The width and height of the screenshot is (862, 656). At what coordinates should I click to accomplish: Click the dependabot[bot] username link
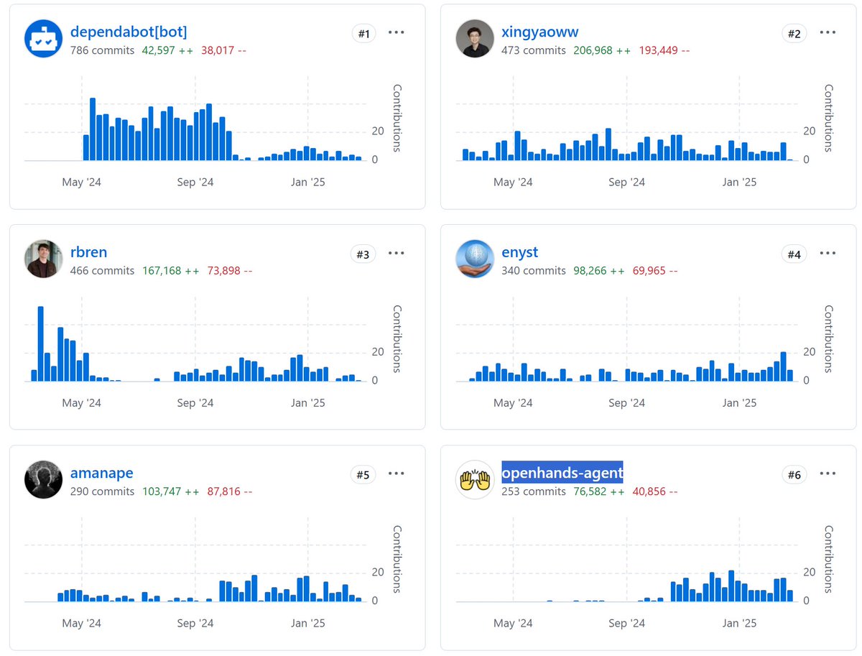click(x=129, y=32)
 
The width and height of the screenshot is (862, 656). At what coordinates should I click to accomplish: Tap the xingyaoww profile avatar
click(x=475, y=39)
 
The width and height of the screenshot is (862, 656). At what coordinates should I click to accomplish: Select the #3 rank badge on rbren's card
click(x=363, y=254)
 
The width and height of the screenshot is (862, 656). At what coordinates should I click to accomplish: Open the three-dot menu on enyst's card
click(x=828, y=254)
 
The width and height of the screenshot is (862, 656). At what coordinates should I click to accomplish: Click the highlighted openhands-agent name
click(x=562, y=473)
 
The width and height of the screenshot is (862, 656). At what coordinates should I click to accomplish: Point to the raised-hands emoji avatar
click(x=475, y=480)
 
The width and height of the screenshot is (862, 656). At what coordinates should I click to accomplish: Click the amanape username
click(x=101, y=473)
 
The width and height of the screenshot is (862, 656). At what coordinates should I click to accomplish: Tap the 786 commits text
click(x=102, y=51)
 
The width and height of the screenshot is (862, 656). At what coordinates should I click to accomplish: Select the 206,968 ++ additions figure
click(x=602, y=51)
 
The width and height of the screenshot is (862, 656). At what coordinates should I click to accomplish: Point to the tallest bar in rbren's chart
click(x=41, y=343)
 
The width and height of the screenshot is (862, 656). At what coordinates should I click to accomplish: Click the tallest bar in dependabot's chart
click(x=93, y=129)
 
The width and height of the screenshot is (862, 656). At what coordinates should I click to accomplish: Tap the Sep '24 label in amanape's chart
click(x=195, y=623)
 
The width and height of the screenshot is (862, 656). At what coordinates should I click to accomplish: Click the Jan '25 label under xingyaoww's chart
click(x=739, y=183)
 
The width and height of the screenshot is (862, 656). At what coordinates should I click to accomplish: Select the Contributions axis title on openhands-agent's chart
click(x=828, y=559)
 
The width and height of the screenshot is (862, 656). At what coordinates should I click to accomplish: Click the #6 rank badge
click(x=794, y=474)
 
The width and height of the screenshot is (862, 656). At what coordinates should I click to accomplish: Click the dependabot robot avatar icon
click(x=44, y=39)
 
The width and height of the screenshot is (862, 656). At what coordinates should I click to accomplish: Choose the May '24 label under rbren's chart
click(x=82, y=403)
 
